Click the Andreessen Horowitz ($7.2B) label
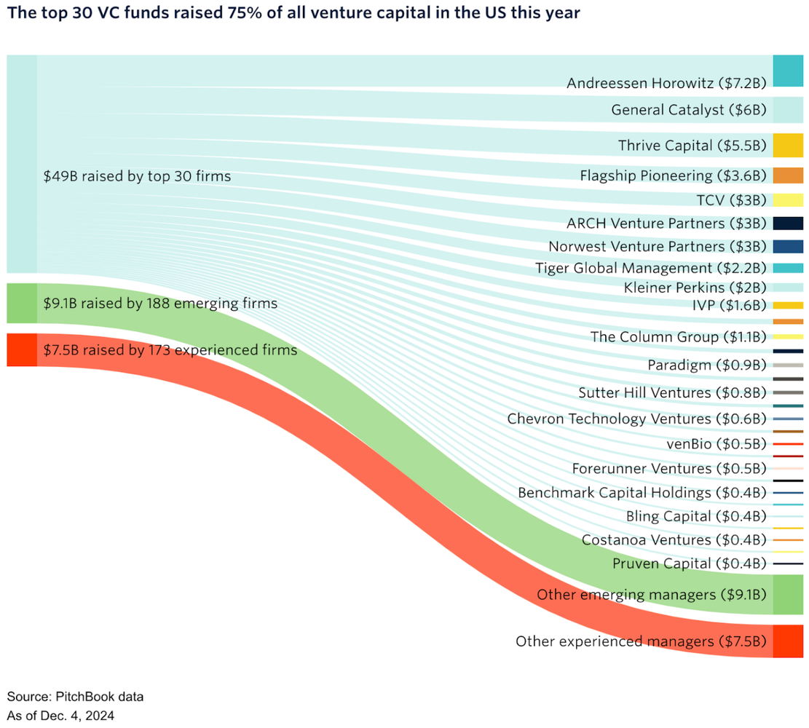tap(666, 84)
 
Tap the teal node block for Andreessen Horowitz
tap(787, 71)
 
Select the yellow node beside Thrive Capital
tap(787, 146)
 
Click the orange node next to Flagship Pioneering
tap(787, 175)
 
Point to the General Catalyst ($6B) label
tap(689, 110)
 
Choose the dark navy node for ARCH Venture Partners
tap(787, 223)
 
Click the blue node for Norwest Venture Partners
tap(787, 247)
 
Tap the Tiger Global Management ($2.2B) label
tap(650, 269)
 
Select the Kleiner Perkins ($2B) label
tap(695, 288)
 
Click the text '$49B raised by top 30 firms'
tap(138, 176)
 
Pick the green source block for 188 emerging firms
tap(21, 303)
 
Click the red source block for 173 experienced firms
tap(21, 350)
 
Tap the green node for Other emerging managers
tap(787, 594)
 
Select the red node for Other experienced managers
tap(787, 641)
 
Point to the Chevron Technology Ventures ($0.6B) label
tap(636, 419)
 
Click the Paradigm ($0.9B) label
tap(707, 365)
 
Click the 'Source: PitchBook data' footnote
tap(75, 697)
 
